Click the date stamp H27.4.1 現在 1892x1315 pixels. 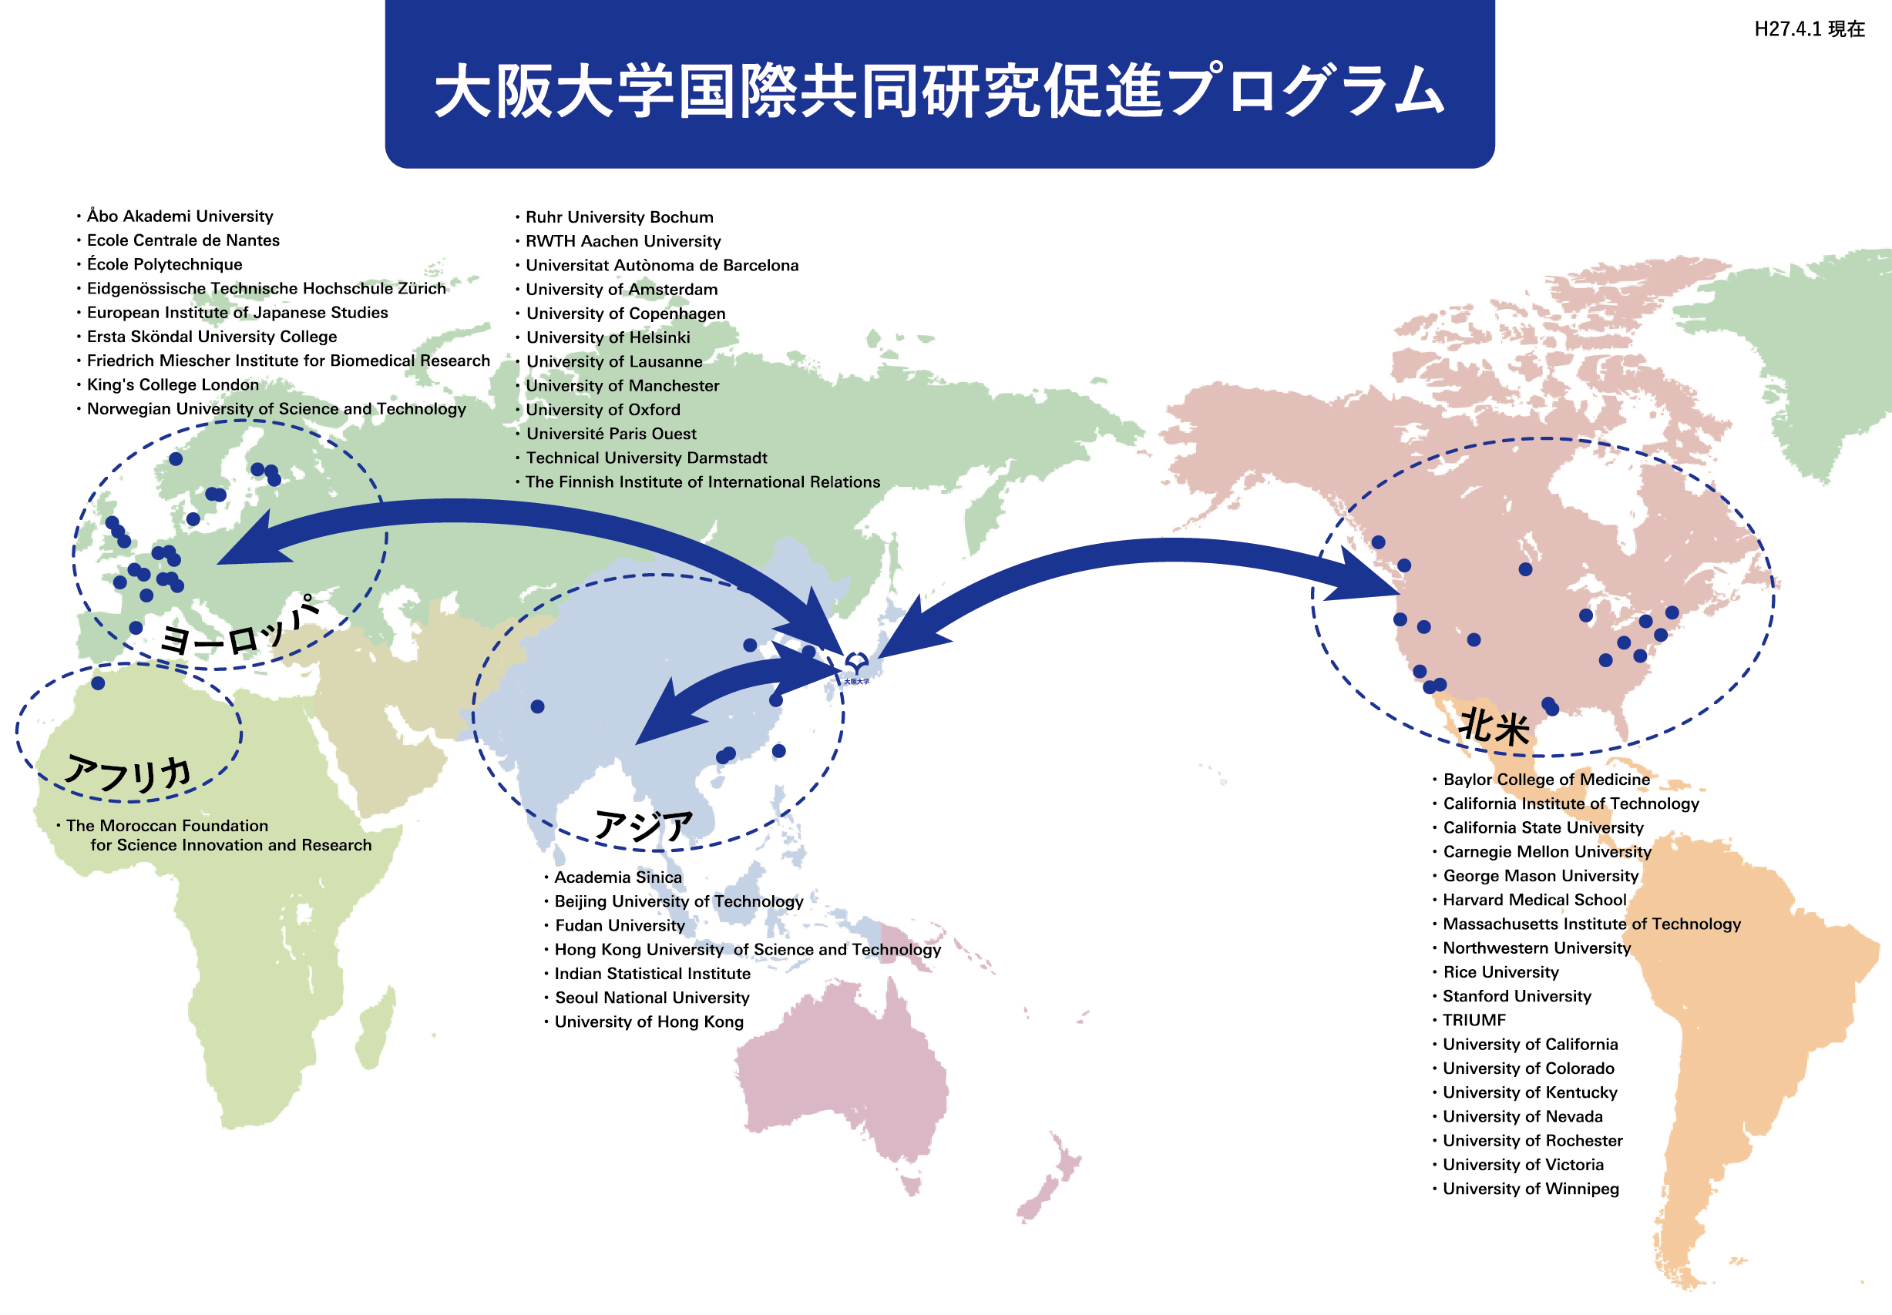pyautogui.click(x=1810, y=29)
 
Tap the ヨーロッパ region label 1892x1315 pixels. pyautogui.click(x=240, y=627)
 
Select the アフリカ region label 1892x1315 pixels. pyautogui.click(x=129, y=774)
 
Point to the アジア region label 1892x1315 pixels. pyautogui.click(x=644, y=826)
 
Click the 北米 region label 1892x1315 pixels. pyautogui.click(x=1494, y=727)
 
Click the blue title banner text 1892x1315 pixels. pyautogui.click(x=939, y=91)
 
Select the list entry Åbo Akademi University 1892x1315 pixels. pyautogui.click(x=180, y=216)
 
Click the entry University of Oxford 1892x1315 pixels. pyautogui.click(x=603, y=410)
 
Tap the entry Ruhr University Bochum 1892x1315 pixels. pyautogui.click(x=620, y=216)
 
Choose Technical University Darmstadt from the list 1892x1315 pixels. pyautogui.click(x=646, y=458)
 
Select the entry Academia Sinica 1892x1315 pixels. pyautogui.click(x=618, y=877)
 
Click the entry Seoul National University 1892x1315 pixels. pyautogui.click(x=652, y=997)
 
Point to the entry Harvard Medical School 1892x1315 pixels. pyautogui.click(x=1534, y=900)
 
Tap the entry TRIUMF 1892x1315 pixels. pyautogui.click(x=1474, y=1020)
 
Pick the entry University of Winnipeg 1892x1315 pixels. pyautogui.click(x=1531, y=1188)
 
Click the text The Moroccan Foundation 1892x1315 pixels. pyautogui.click(x=167, y=826)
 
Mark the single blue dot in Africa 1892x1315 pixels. pyautogui.click(x=98, y=683)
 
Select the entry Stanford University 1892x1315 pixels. pyautogui.click(x=1517, y=996)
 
